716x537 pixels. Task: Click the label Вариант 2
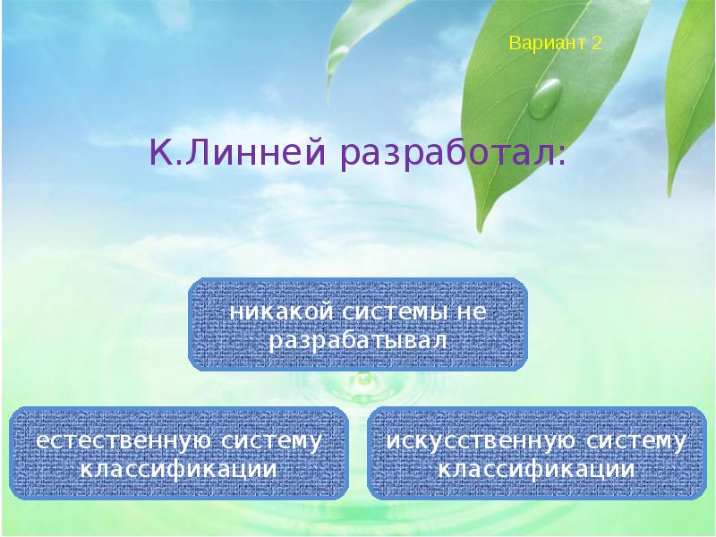(x=555, y=43)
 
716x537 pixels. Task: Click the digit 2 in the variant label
(x=596, y=43)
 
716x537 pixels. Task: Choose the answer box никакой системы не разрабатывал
(x=358, y=324)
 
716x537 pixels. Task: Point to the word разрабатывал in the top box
(x=357, y=341)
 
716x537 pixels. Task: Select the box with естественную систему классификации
(x=178, y=453)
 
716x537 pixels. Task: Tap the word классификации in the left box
(x=178, y=469)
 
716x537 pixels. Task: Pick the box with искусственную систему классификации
(x=536, y=453)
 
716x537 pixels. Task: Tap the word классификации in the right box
(x=536, y=469)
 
